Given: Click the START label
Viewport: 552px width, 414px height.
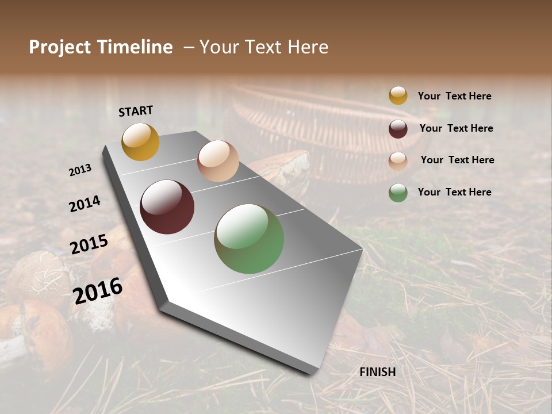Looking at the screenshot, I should [136, 111].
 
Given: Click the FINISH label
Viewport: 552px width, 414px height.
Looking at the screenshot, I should [378, 372].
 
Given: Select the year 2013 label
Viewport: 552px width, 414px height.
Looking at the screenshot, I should [80, 170].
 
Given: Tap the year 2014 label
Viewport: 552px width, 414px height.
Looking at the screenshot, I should [85, 204].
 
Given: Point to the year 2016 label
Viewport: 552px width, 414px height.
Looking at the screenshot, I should [98, 290].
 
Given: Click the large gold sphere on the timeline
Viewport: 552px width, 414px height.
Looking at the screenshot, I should [140, 141].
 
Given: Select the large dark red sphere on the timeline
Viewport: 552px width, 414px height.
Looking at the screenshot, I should [167, 207].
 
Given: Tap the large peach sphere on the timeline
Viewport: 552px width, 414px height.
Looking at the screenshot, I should [218, 161].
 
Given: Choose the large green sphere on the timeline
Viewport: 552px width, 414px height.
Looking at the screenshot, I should [249, 239].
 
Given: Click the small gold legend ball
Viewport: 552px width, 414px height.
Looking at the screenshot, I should [398, 95].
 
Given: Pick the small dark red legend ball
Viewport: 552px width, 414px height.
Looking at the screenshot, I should [398, 128].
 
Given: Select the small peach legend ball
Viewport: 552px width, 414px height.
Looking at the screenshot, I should [398, 160].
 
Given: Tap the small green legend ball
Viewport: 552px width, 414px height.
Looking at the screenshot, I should [398, 193].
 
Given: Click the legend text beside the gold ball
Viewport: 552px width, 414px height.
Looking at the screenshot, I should [454, 96].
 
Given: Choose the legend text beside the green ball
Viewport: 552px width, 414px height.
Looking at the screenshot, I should [454, 192].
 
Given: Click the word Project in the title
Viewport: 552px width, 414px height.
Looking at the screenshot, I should [60, 47].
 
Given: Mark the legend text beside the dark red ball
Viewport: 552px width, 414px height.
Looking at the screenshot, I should [456, 128].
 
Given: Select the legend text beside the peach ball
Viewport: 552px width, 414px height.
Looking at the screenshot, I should [457, 160].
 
